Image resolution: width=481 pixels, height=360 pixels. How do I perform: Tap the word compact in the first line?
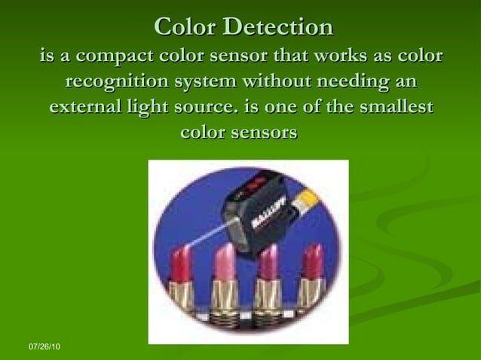(120, 56)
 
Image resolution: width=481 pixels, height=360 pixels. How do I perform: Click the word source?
(207, 108)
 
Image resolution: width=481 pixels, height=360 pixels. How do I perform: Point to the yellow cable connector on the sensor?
(307, 199)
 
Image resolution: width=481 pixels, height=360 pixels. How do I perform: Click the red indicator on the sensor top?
(256, 184)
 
